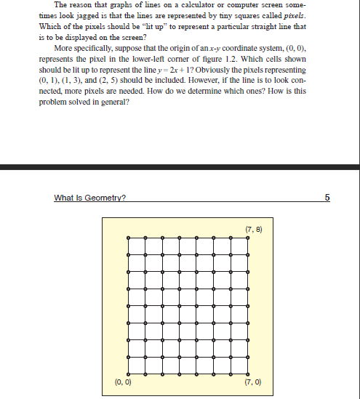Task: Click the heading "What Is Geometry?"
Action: (89, 197)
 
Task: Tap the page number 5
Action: (327, 197)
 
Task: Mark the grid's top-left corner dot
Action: (128, 238)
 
